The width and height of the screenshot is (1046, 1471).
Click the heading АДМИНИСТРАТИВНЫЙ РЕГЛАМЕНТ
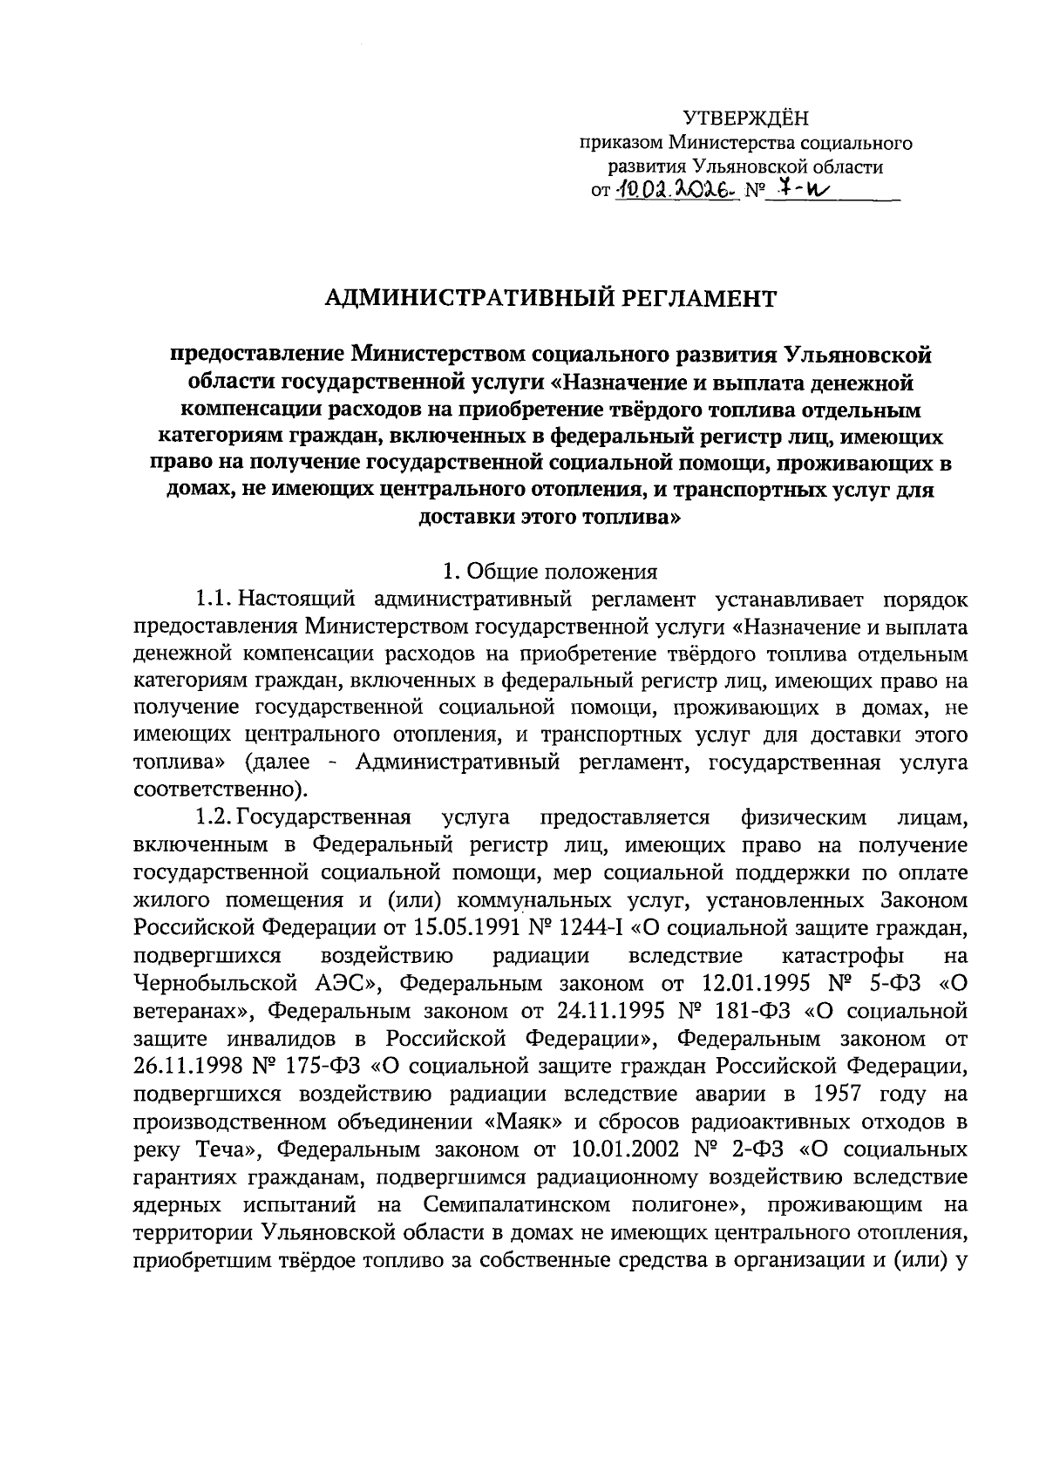[x=549, y=299]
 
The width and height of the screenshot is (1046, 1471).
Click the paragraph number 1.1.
[x=212, y=600]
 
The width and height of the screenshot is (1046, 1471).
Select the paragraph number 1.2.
[x=213, y=817]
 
